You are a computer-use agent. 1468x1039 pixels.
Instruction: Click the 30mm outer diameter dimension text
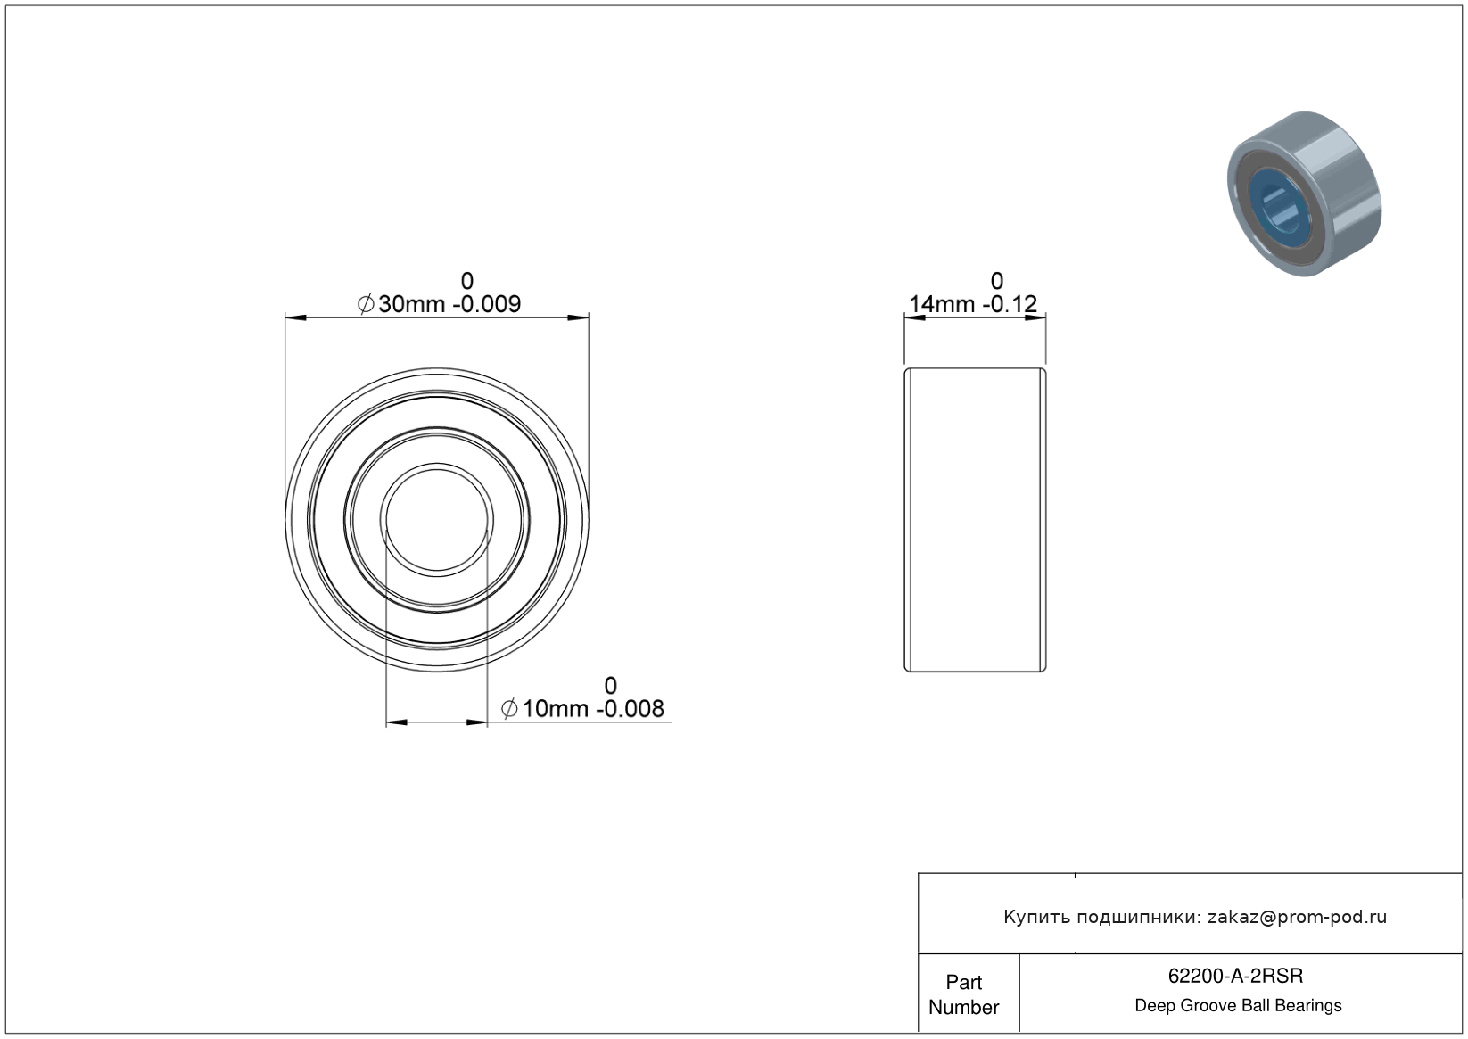click(411, 304)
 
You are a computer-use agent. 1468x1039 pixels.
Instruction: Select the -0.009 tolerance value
click(487, 304)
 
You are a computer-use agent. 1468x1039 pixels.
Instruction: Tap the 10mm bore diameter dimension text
click(555, 709)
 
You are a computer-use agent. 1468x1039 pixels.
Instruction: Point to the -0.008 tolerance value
click(630, 709)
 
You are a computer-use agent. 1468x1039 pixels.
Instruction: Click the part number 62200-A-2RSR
click(1235, 976)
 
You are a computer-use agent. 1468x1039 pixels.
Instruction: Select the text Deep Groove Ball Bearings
click(1238, 1006)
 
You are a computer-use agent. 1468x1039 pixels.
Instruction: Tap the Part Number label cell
click(963, 994)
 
